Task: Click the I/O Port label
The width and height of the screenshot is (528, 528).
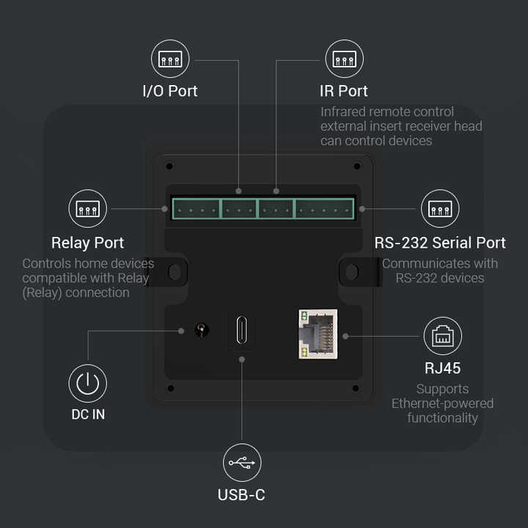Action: (169, 92)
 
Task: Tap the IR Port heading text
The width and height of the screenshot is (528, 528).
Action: (344, 92)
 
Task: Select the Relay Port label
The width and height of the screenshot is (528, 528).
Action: (87, 243)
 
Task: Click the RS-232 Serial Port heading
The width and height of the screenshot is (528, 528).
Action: (440, 243)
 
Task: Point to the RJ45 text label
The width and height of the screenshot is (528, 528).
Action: (442, 369)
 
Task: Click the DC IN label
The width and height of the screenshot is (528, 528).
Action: (88, 414)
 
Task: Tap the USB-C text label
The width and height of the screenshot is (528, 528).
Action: (241, 495)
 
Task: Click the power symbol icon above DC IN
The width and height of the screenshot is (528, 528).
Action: (88, 384)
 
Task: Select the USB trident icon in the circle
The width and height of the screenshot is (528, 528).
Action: (242, 463)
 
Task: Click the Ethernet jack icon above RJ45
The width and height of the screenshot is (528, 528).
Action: (442, 336)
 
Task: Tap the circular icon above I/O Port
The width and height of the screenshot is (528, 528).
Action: (169, 59)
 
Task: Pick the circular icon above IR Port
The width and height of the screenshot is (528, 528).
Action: (344, 59)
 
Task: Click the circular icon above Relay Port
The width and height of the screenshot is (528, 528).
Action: (88, 209)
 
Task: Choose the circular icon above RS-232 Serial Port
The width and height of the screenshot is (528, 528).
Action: (440, 209)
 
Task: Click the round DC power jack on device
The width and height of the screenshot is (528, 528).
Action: (200, 331)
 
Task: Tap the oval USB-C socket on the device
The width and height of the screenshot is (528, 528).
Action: (242, 331)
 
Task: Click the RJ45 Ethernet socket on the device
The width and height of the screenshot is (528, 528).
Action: (318, 334)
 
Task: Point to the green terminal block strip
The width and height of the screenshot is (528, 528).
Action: (263, 209)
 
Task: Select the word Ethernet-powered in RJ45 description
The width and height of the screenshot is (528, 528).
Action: (442, 403)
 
